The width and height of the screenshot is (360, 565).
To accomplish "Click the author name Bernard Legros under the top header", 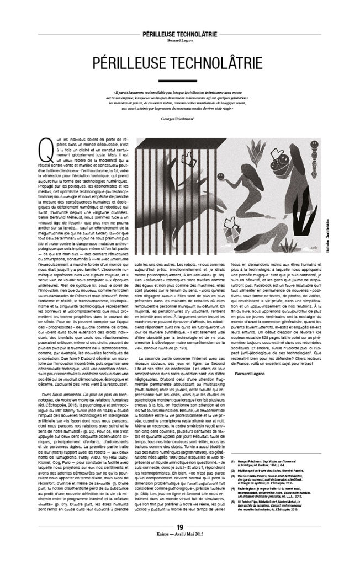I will coord(179,40).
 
